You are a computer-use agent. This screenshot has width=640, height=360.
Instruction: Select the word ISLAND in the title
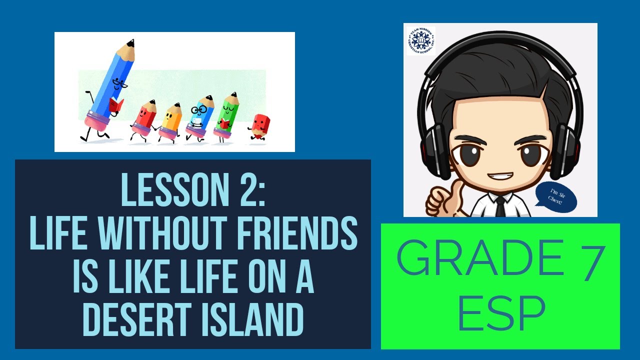click(x=257, y=318)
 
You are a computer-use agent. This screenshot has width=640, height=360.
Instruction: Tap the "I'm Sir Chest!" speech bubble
click(x=556, y=196)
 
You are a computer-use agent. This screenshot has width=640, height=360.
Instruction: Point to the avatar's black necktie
click(x=500, y=206)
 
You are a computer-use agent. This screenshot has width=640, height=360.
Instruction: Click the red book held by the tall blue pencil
click(x=116, y=105)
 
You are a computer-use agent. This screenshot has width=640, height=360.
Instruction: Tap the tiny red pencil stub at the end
click(x=260, y=126)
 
